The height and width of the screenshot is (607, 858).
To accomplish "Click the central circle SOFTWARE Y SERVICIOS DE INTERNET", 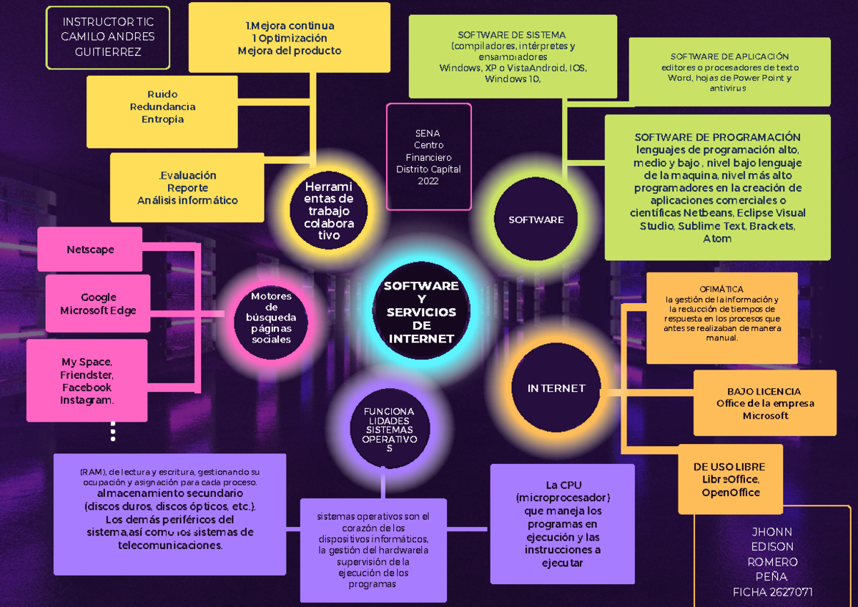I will pos(421,312).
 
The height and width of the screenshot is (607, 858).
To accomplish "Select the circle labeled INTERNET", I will pos(556,389).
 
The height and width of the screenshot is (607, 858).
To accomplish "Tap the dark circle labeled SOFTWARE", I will pos(536,219).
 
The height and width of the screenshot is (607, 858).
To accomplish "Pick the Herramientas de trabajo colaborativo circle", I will pos(329,211).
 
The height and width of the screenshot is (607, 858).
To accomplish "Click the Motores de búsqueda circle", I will pos(271,318).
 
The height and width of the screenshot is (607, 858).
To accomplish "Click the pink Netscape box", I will pos(90,250).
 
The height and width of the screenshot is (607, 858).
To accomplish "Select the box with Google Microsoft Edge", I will pos(98,304).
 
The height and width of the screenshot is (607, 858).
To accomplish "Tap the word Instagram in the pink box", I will pos(87,400).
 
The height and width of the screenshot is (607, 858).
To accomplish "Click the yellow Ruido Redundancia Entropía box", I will pos(162,107).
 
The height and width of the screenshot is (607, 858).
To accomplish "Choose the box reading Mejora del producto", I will pos(289,51).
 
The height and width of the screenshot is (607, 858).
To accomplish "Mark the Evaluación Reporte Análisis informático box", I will pos(187,188).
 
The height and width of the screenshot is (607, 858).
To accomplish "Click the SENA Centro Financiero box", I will pos(428,157).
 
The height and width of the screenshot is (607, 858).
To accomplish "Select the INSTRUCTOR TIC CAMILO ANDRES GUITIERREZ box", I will pos(108,37).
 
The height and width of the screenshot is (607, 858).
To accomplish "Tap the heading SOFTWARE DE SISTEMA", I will pos(511,34).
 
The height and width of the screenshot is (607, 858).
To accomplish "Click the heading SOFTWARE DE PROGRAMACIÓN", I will pos(717,137).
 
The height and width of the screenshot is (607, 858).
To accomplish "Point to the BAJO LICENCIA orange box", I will pos(764,392).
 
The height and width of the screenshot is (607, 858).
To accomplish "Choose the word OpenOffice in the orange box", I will pos(730,493).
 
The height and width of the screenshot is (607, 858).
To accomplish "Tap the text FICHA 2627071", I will pos(772,592).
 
